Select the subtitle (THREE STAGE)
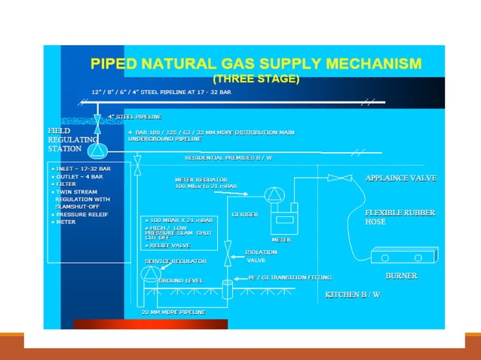256,78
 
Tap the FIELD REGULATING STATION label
71,139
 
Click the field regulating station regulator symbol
97,149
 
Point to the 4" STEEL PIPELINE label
135,117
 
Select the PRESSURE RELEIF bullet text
83,214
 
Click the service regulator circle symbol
152,273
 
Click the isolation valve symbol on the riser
228,247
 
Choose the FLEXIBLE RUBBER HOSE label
400,217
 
